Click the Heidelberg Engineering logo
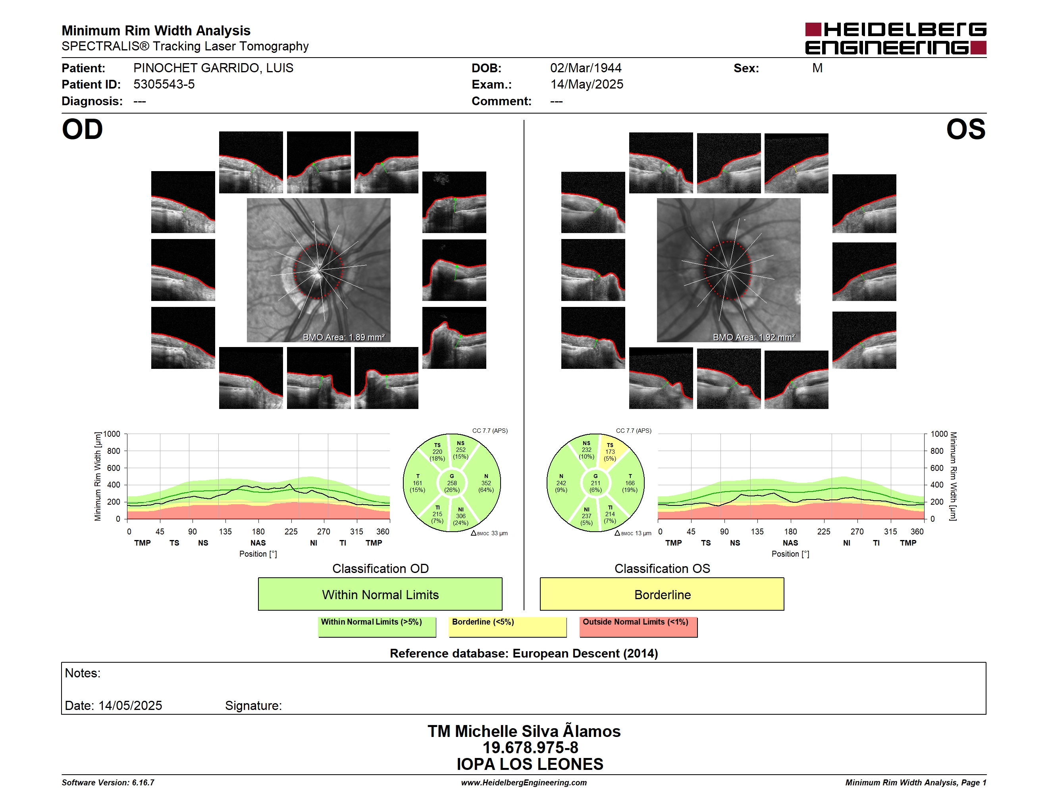[x=896, y=39]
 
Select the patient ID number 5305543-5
[x=164, y=85]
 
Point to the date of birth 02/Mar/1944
[x=586, y=68]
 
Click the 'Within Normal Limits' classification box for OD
[x=380, y=594]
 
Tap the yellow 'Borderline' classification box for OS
[x=662, y=594]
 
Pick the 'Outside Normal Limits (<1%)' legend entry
[x=638, y=627]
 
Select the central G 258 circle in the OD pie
[x=451, y=483]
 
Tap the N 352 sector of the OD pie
[x=485, y=483]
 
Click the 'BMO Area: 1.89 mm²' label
[x=343, y=337]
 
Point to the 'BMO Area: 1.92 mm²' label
[x=754, y=337]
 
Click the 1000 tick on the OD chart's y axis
[x=112, y=434]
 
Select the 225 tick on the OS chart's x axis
[x=823, y=532]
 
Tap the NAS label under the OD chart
[x=258, y=543]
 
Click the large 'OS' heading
[x=965, y=129]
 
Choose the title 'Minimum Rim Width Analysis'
[x=156, y=31]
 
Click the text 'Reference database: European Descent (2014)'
[x=524, y=653]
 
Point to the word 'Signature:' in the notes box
[x=253, y=706]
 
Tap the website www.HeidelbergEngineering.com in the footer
[x=524, y=783]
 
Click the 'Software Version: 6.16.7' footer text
[x=108, y=783]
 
